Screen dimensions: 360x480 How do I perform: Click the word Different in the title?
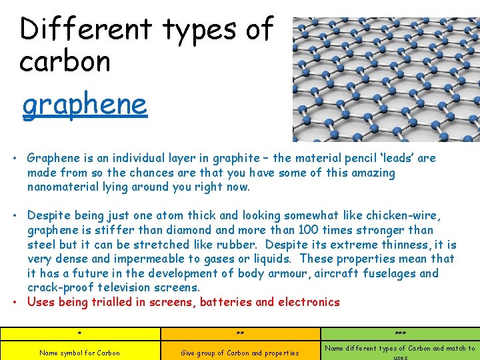(86, 29)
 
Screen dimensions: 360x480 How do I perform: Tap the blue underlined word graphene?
(84, 105)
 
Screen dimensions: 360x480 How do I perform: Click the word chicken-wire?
(399, 216)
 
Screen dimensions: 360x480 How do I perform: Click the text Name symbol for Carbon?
(80, 353)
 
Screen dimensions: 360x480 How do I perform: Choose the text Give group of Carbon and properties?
(240, 353)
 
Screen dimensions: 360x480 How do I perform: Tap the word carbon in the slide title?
(65, 62)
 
